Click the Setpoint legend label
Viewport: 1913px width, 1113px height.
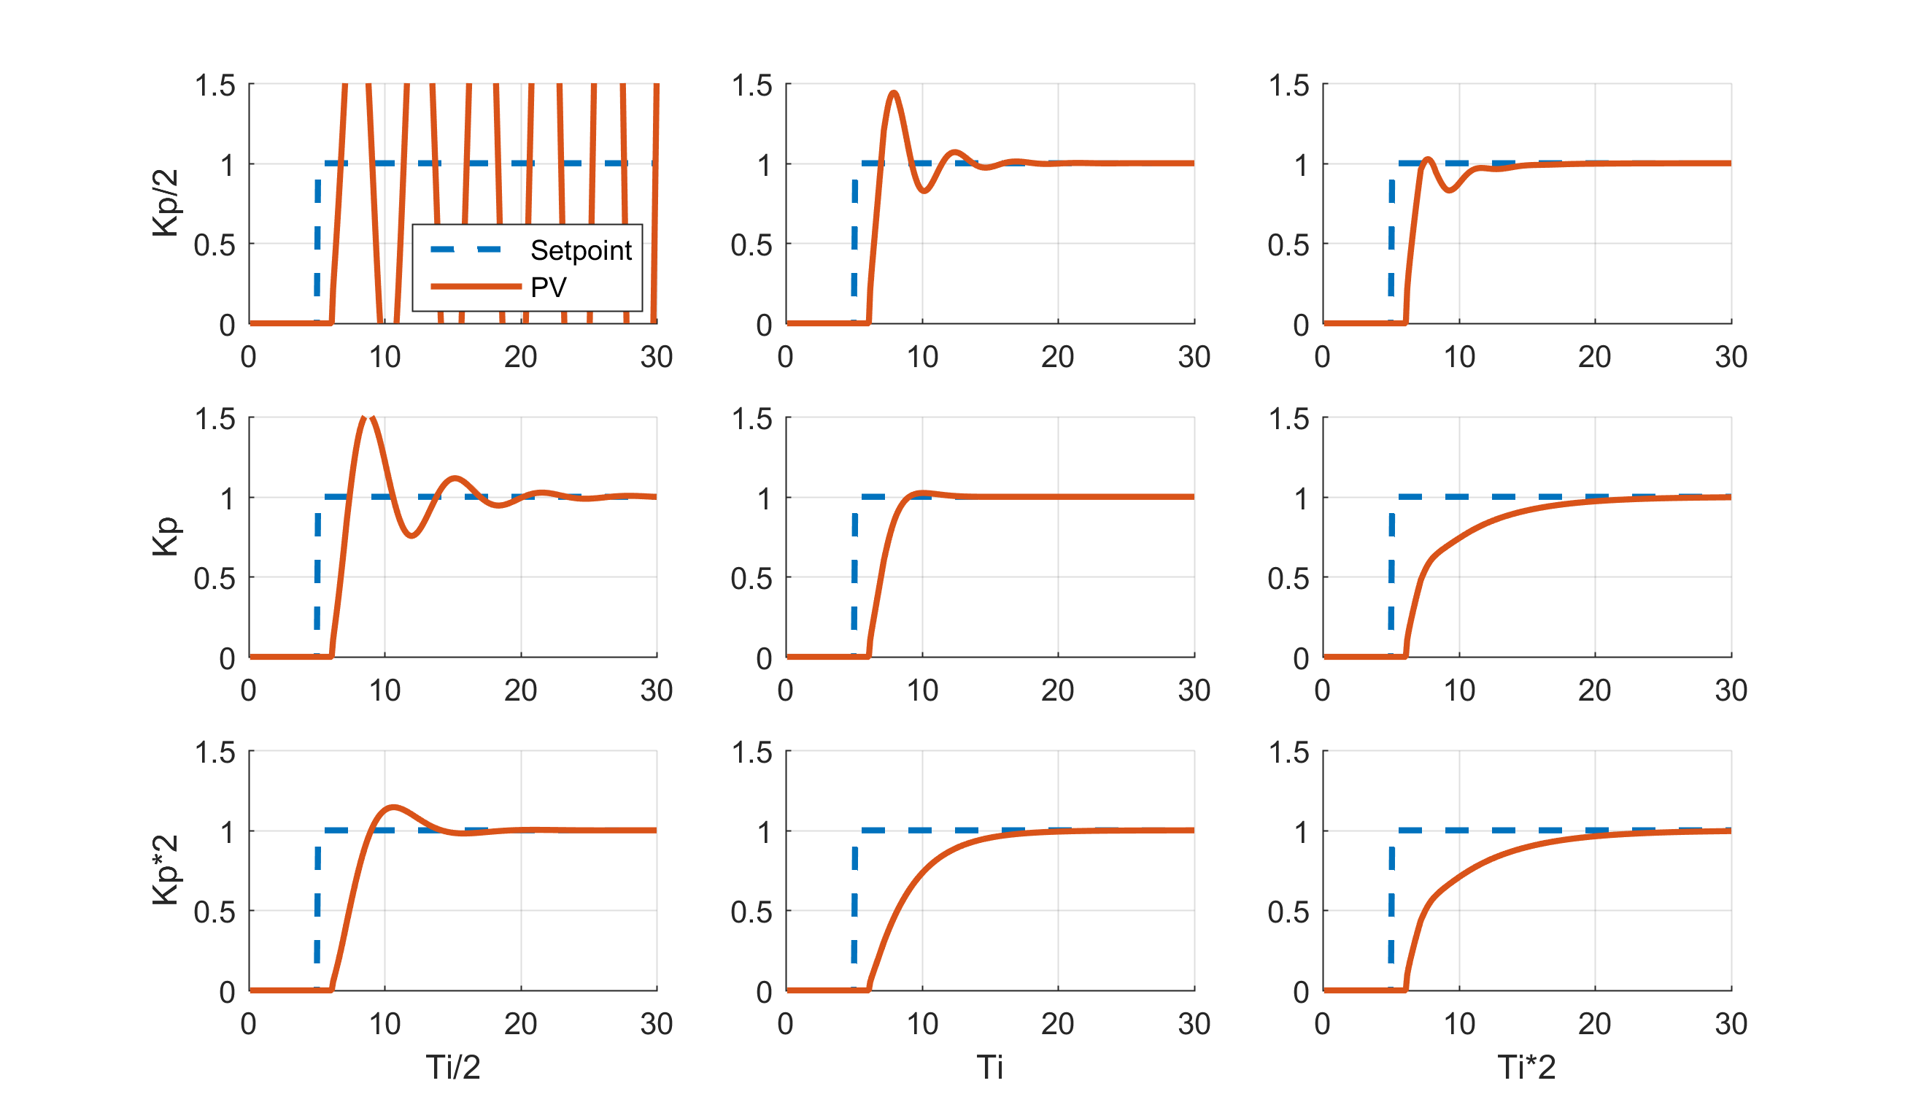tap(581, 250)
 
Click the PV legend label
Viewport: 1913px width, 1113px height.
tap(548, 287)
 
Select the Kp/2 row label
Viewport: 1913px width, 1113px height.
tap(166, 204)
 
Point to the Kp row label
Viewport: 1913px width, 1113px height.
tap(166, 536)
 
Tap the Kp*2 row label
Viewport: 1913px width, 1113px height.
tap(166, 870)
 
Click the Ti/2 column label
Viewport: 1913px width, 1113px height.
tap(453, 1068)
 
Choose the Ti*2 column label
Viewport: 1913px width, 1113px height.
tap(1526, 1068)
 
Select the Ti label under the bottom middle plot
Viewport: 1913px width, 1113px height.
tap(990, 1068)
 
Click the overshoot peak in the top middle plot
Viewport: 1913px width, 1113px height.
tap(894, 93)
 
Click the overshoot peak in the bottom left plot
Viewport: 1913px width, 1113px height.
tap(393, 806)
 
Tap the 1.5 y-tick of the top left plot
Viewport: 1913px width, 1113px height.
tap(215, 86)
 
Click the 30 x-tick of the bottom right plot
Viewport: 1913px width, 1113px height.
tap(1731, 1024)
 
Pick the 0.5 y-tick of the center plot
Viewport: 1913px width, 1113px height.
tap(751, 579)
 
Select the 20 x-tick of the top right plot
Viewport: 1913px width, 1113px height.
tap(1594, 357)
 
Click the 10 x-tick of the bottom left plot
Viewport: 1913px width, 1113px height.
tap(385, 1024)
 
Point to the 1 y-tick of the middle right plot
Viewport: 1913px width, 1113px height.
tap(1301, 498)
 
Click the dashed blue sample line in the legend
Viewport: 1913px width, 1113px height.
tap(466, 249)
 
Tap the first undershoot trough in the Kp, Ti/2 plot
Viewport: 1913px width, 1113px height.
tap(411, 536)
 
